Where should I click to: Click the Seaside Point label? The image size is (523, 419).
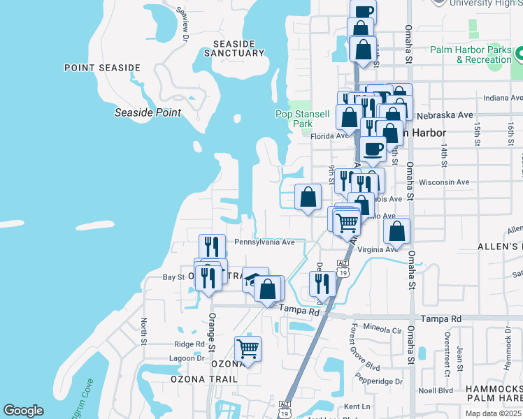tap(148, 112)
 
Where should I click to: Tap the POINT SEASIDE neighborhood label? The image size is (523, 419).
tap(102, 68)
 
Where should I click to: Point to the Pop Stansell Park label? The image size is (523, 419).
tap(302, 119)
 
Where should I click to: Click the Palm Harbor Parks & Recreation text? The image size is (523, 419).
tap(471, 54)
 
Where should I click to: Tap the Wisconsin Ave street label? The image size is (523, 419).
tap(443, 182)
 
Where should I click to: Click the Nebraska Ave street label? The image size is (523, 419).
tap(445, 115)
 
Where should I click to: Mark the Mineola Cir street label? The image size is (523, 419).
tap(385, 330)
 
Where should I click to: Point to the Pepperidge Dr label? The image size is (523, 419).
tap(380, 382)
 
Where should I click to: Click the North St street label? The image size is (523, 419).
tap(143, 332)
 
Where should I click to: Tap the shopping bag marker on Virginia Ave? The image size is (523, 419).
tap(396, 232)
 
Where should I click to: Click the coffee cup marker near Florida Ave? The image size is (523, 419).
tap(373, 148)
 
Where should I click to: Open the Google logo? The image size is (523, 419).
tap(23, 411)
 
